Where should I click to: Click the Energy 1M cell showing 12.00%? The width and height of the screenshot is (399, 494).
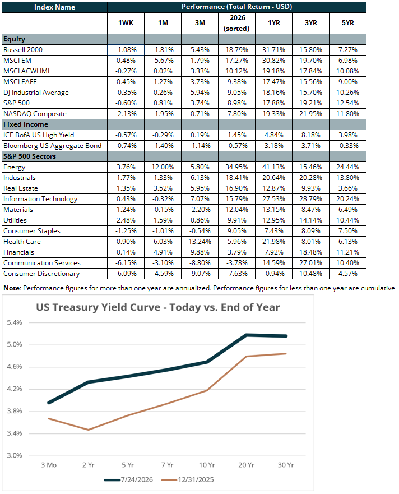(x=163, y=167)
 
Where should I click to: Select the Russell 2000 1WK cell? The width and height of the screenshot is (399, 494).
(x=126, y=50)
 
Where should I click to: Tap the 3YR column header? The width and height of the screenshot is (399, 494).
(x=311, y=23)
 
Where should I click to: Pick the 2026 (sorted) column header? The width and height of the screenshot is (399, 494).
(x=236, y=23)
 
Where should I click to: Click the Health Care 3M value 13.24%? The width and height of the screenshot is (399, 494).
(x=200, y=242)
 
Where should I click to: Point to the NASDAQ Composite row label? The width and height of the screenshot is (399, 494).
(x=35, y=114)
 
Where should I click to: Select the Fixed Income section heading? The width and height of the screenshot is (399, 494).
(x=26, y=124)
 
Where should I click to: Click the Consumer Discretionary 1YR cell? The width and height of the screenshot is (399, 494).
(x=274, y=274)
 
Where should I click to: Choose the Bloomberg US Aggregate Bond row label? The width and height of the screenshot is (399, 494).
(x=53, y=146)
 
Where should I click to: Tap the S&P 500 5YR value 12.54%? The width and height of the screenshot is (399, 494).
(x=347, y=103)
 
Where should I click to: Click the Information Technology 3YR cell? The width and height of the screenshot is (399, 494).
(x=311, y=199)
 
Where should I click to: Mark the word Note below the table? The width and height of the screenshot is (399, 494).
(x=12, y=288)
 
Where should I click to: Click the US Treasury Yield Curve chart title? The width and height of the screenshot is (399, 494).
(x=158, y=307)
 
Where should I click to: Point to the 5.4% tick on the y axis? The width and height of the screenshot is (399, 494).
(x=15, y=322)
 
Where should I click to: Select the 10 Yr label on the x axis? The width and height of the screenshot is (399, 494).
(x=207, y=465)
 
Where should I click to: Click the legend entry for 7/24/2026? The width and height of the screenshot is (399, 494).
(x=128, y=480)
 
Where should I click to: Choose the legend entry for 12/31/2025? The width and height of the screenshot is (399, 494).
(x=187, y=480)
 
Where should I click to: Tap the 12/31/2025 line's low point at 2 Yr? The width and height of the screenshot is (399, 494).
(x=89, y=430)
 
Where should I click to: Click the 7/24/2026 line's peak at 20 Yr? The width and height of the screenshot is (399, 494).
(x=246, y=335)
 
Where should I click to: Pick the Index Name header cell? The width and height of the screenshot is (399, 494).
(x=54, y=7)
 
